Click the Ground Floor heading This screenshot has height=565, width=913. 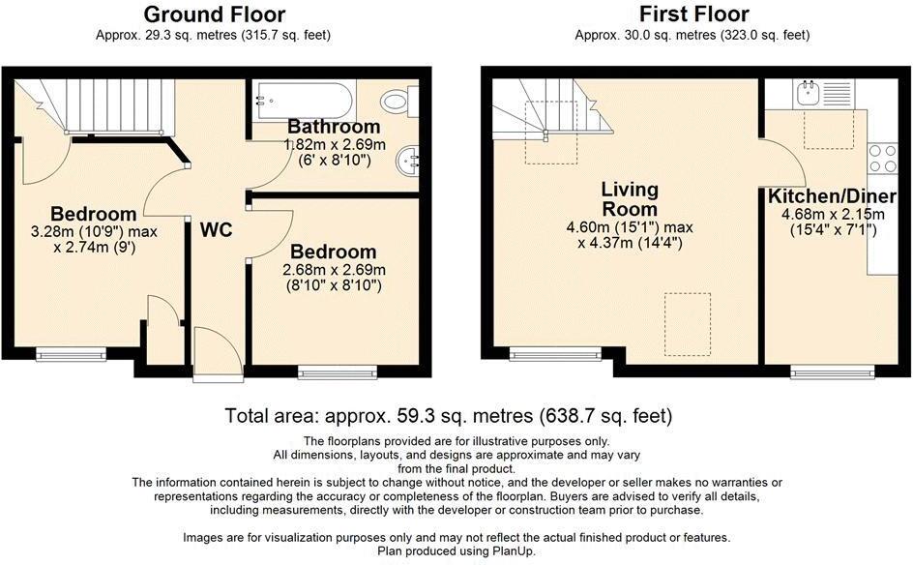tap(214, 15)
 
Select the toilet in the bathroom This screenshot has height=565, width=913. tap(398, 101)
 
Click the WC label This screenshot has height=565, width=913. tap(216, 230)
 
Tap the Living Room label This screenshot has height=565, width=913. tap(629, 198)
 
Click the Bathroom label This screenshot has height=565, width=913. tap(334, 127)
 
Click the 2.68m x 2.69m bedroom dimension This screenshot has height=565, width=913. tap(334, 269)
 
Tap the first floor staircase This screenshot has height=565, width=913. tap(551, 108)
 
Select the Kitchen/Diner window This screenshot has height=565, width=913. tap(832, 371)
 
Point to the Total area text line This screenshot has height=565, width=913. tap(448, 417)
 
